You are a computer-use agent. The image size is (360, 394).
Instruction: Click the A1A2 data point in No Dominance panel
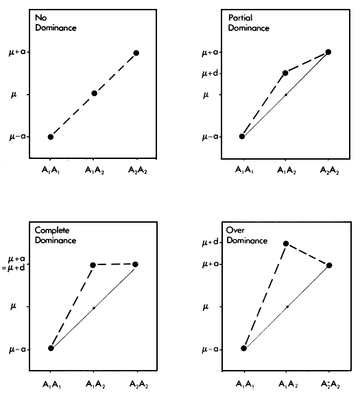[x=94, y=93]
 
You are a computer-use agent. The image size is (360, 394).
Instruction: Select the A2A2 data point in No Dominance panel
[x=136, y=53]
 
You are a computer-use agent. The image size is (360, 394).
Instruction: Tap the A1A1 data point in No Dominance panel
[x=51, y=136]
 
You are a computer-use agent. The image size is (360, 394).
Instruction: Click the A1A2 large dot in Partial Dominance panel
[x=286, y=73]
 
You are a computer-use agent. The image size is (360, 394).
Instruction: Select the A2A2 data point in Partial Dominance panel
[x=328, y=52]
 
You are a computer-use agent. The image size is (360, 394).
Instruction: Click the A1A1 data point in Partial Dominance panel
[x=242, y=136]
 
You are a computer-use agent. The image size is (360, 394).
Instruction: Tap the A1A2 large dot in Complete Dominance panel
[x=93, y=264]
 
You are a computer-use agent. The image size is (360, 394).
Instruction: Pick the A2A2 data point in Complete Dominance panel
[x=136, y=264]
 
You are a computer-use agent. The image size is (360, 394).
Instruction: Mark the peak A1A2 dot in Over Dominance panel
[x=286, y=243]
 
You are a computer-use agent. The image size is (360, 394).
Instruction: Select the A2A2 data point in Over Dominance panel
[x=329, y=264]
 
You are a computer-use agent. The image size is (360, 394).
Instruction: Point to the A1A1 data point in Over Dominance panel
[x=243, y=348]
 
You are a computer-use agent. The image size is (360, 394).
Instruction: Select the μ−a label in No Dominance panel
[x=19, y=137]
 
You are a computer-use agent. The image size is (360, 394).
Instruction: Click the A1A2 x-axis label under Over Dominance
[x=286, y=378]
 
